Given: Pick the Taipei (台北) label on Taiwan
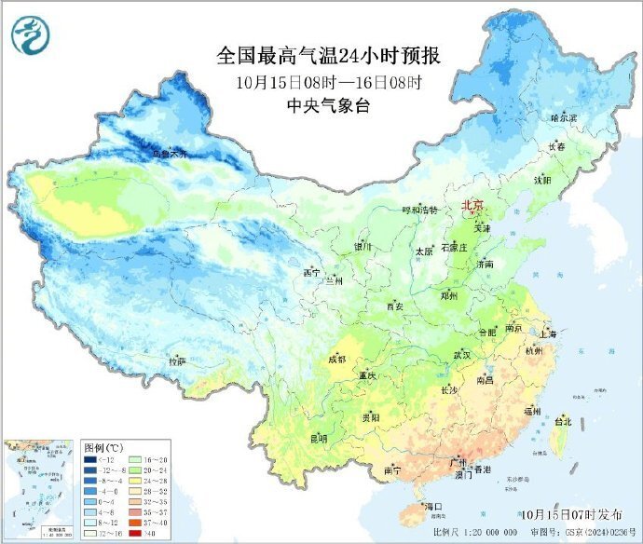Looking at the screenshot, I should [x=563, y=421].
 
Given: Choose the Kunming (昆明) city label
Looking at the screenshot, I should [x=319, y=438].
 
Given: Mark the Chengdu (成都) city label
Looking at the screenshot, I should [x=336, y=359].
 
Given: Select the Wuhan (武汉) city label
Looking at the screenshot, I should [x=461, y=355].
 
